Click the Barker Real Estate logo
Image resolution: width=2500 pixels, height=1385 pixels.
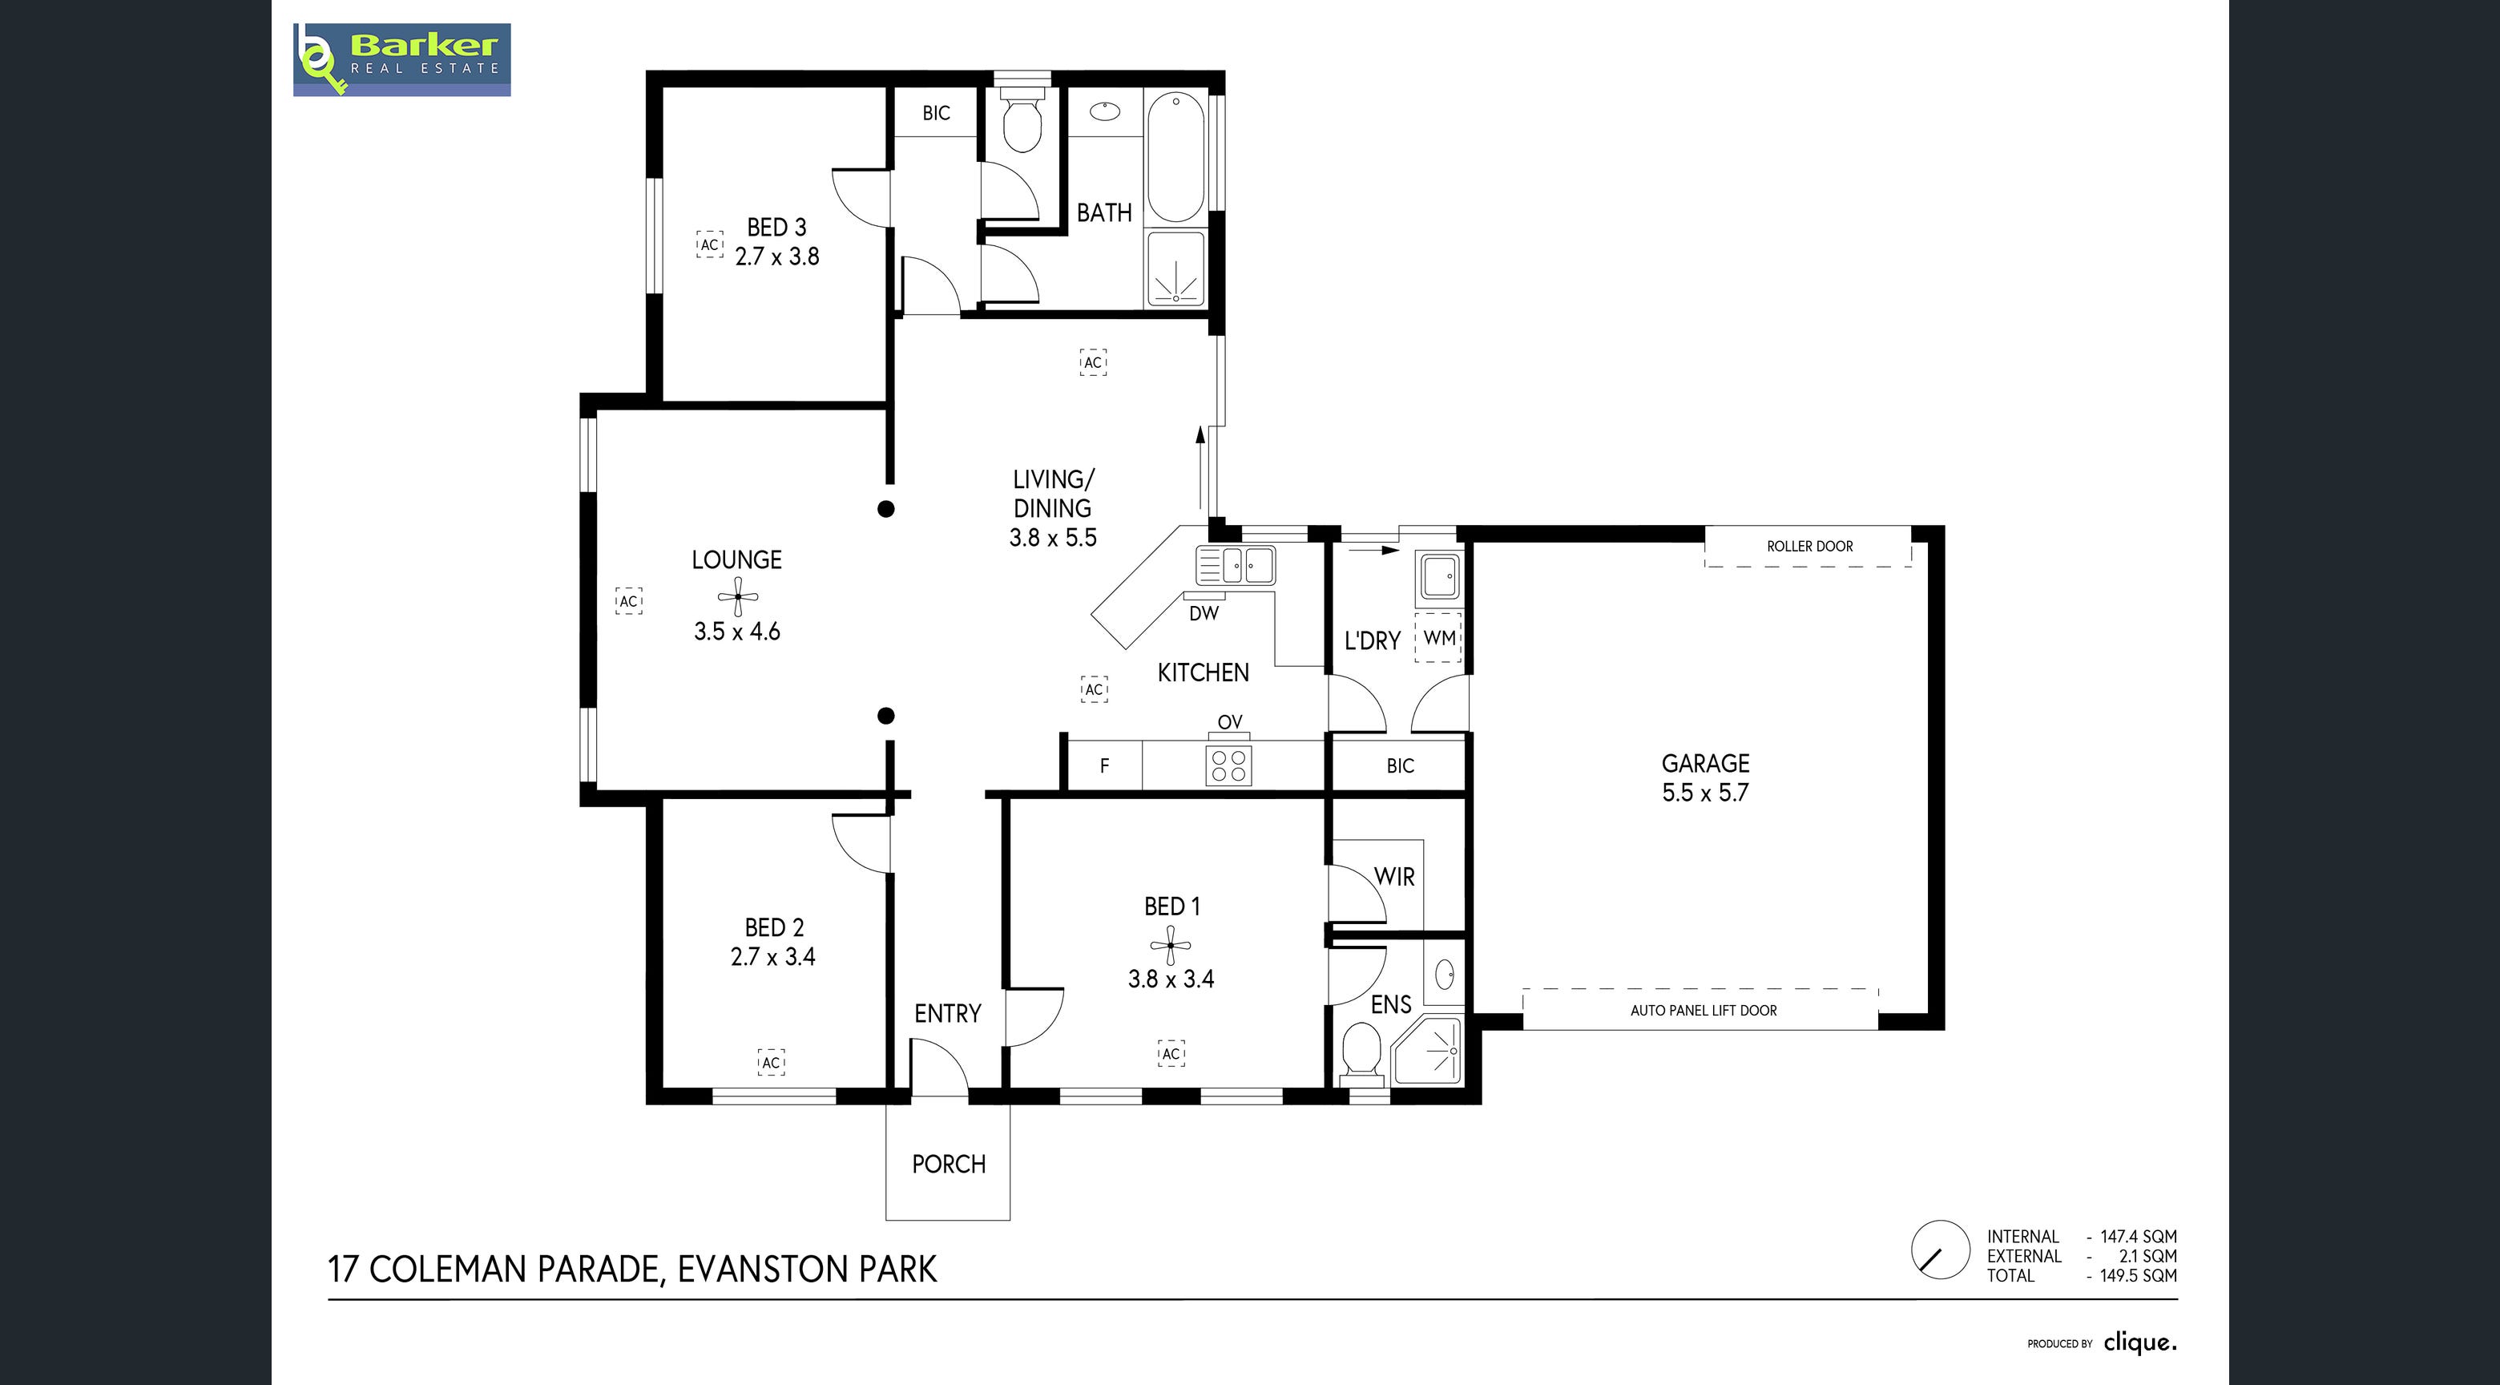401,60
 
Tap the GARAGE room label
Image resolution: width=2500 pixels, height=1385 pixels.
1705,764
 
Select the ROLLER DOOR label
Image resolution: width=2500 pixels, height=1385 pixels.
1809,547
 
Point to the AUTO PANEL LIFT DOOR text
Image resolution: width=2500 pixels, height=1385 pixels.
1704,1011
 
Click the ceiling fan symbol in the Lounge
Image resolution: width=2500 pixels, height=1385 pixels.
737,596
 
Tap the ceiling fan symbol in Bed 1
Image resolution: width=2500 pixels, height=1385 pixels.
1171,944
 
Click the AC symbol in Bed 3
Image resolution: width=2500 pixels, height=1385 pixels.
709,244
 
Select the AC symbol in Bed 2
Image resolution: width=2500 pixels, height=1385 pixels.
771,1063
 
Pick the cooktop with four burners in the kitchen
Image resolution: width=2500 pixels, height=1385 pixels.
1228,765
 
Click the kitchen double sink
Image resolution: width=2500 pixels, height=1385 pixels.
1236,566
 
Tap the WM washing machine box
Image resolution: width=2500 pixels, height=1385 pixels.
1438,638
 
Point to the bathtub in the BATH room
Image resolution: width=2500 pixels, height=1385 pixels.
1175,156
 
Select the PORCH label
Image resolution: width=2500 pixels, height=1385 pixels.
948,1164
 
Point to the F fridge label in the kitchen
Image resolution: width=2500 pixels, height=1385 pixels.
1104,765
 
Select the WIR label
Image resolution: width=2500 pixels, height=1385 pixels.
1393,876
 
